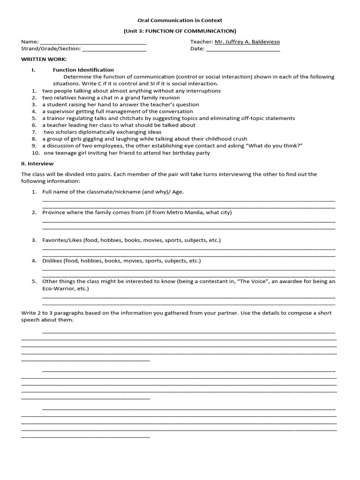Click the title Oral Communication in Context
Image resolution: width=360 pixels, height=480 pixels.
180,20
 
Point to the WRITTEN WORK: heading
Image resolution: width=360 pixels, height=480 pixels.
44,60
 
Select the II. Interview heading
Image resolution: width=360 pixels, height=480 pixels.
37,164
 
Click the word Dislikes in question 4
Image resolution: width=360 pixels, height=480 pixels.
52,261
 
